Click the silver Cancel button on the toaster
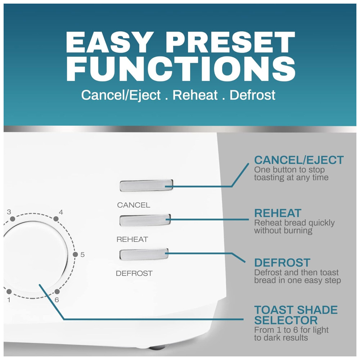click(146, 185)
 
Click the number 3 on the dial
click(9, 212)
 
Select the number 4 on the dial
click(61, 212)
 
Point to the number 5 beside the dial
click(82, 255)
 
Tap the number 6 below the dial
click(57, 300)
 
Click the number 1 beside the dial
click(9, 300)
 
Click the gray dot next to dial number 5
click(75, 255)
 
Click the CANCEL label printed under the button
click(134, 205)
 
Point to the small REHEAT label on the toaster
click(132, 239)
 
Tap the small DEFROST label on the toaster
click(134, 273)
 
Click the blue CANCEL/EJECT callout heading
click(299, 160)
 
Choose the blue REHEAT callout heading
click(278, 213)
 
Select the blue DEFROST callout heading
click(282, 262)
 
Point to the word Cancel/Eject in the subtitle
click(121, 95)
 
